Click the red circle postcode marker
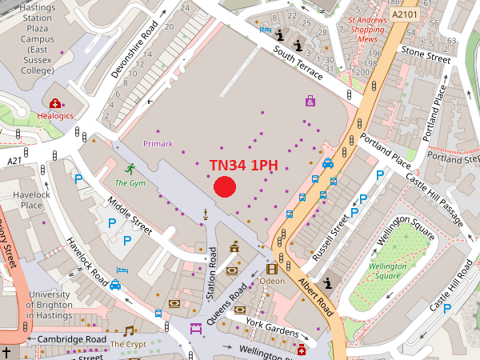(225, 187)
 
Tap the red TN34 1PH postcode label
(243, 166)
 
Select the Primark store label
(158, 143)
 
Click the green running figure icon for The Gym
(130, 169)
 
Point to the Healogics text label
(55, 116)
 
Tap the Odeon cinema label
(272, 282)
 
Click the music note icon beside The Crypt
(129, 330)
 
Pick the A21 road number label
(14, 161)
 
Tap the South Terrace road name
(298, 63)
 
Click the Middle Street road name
(128, 217)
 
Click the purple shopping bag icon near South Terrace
(310, 102)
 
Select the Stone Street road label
(426, 56)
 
